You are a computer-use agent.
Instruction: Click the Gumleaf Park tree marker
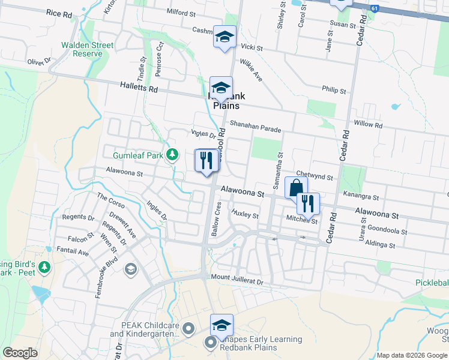[x=172, y=155]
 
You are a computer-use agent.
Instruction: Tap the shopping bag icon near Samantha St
[x=296, y=188]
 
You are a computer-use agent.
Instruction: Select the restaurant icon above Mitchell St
[x=308, y=204]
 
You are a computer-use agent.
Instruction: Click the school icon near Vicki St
[x=224, y=38]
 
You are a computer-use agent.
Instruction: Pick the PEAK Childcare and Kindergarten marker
[x=189, y=328]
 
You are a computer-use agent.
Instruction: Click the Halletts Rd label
[x=138, y=88]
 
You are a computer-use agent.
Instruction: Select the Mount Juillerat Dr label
[x=237, y=280]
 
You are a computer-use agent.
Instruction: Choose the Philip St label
[x=334, y=90]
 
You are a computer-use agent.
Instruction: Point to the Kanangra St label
[x=361, y=196]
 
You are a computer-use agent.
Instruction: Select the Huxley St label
[x=245, y=215]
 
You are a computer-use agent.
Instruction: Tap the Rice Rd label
[x=58, y=12]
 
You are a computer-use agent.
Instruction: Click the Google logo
[x=20, y=353]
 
